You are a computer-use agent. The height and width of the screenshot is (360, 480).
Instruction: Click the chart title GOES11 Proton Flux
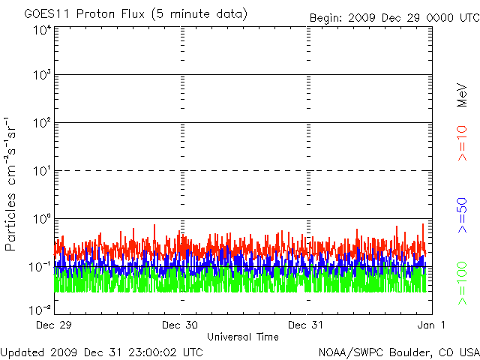click(84, 14)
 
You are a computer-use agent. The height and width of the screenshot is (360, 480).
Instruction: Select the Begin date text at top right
click(394, 18)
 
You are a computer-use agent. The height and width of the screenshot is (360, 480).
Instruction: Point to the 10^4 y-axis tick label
click(42, 30)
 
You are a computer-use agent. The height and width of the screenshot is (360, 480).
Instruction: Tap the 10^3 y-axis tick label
click(42, 75)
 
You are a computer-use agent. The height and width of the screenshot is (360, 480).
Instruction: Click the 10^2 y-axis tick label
click(42, 123)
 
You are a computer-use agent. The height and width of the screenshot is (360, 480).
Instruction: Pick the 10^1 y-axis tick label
click(42, 171)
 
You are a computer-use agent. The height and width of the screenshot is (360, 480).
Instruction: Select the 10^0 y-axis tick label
click(42, 219)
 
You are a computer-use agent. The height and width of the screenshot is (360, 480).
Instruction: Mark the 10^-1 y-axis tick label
click(40, 267)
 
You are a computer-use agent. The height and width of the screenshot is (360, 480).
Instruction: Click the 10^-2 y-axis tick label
click(40, 310)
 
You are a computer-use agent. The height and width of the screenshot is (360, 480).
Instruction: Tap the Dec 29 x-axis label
click(53, 325)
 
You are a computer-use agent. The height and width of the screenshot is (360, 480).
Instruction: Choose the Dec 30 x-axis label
click(180, 325)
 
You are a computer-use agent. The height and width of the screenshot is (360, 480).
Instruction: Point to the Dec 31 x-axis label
click(305, 325)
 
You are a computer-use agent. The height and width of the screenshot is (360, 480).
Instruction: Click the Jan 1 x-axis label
click(431, 325)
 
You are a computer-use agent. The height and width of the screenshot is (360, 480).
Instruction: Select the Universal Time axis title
click(243, 337)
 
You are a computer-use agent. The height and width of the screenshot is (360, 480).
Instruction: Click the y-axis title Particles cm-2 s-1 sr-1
click(10, 184)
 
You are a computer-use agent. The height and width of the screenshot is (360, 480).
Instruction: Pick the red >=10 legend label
click(462, 143)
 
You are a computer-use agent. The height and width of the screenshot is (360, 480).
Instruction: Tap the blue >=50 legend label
click(462, 215)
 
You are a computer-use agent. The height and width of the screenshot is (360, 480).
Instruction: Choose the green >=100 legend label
click(462, 283)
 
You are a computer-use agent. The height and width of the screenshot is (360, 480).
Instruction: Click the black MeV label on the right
click(462, 95)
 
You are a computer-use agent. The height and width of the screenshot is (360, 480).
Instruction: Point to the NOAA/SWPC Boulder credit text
click(399, 352)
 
